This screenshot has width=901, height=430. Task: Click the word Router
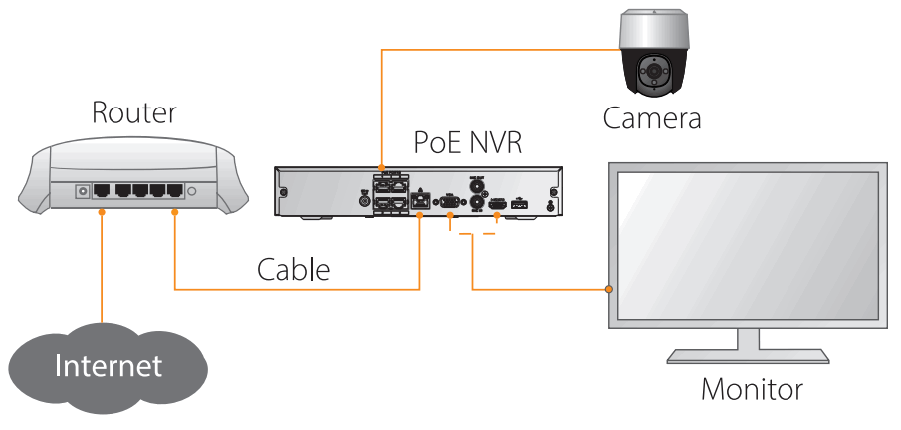133,112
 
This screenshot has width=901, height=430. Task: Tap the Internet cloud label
109,366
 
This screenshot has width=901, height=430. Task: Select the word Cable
293,269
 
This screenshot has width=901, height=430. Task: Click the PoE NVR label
468,142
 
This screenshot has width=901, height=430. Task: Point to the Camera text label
652,118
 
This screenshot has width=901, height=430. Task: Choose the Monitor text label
752,389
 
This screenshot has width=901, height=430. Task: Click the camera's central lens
654,71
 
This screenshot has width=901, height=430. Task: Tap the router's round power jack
83,191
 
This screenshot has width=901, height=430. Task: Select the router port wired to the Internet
103,190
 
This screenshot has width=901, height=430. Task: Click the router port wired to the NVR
174,190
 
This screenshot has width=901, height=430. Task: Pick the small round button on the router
192,191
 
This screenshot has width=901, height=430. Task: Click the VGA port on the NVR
449,202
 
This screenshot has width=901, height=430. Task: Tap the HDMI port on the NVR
497,203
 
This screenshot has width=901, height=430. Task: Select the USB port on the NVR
520,202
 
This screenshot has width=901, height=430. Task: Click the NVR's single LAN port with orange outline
420,201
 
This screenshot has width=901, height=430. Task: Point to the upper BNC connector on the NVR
476,187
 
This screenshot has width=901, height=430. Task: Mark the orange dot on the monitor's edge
609,289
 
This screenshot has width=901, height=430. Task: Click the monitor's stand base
748,356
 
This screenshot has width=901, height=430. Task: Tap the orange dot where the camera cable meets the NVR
381,167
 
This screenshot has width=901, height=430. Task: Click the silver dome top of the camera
653,31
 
